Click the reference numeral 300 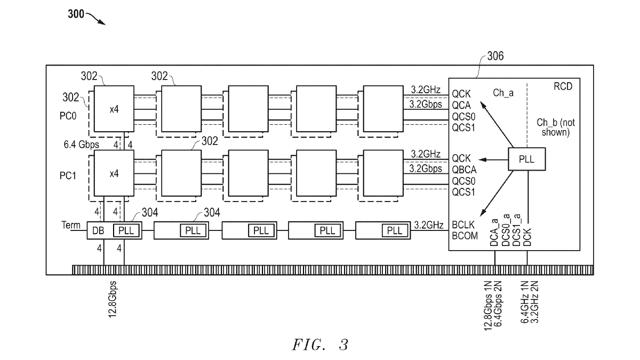[76, 14]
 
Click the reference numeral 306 [495, 58]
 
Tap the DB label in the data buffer [99, 230]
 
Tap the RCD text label [563, 87]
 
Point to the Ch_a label [502, 93]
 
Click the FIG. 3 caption [319, 345]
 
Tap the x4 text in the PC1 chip [114, 174]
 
